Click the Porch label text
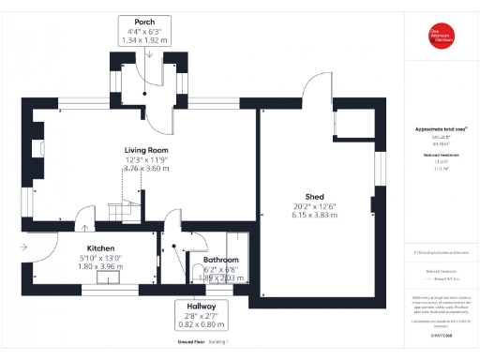[x=145, y=21]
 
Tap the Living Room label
[x=146, y=150]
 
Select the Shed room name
[x=314, y=196]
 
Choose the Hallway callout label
[x=201, y=307]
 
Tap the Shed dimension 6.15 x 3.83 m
[x=314, y=215]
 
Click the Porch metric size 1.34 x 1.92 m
[x=145, y=40]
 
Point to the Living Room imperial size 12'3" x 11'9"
[x=146, y=159]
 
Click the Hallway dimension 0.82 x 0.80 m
[x=201, y=325]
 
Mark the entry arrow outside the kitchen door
[x=21, y=247]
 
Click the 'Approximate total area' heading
[x=440, y=128]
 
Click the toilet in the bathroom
[x=195, y=273]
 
